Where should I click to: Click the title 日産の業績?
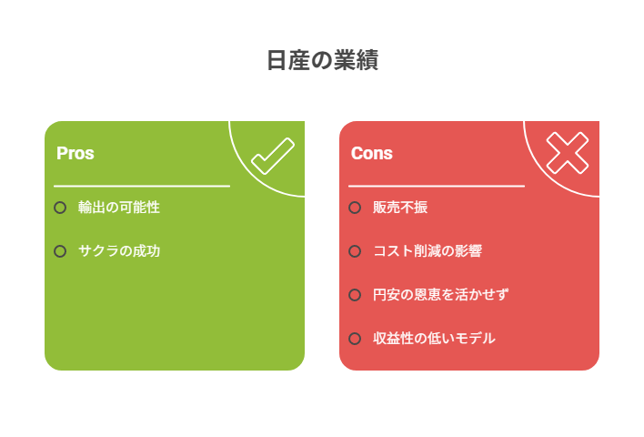click(322, 60)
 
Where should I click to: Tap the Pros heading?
click(75, 153)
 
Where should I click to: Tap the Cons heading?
click(372, 153)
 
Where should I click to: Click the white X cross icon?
click(568, 153)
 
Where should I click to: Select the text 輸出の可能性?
click(119, 208)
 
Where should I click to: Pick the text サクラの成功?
click(119, 250)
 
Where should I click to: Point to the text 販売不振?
click(400, 208)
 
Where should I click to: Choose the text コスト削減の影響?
click(428, 250)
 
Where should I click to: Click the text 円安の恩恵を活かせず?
click(440, 295)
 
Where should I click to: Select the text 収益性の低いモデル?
click(434, 339)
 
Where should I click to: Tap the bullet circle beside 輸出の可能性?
click(60, 208)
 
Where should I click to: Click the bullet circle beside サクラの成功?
click(60, 251)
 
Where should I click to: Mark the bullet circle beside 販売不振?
click(355, 208)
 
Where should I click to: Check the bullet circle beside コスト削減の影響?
click(355, 251)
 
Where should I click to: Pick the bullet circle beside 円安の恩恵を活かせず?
click(355, 295)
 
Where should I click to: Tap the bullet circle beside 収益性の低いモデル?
click(355, 339)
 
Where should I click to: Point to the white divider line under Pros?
click(142, 187)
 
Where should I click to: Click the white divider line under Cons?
click(437, 187)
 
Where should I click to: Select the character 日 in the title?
click(277, 60)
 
